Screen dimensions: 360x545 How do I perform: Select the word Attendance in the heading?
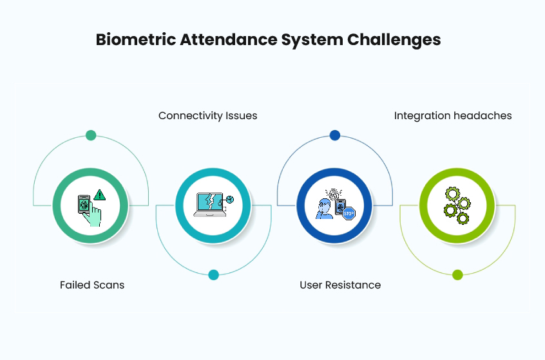click(223, 39)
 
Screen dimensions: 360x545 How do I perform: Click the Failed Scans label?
click(92, 285)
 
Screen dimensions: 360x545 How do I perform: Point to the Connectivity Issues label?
click(207, 116)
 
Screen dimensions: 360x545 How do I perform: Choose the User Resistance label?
click(340, 285)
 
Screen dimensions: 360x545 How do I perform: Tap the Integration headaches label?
click(453, 116)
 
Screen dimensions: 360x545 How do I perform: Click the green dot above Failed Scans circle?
click(91, 135)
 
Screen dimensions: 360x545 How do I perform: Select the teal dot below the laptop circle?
click(213, 275)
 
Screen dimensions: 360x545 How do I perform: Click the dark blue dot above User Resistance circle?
click(334, 135)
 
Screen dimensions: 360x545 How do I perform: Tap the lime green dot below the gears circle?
click(457, 275)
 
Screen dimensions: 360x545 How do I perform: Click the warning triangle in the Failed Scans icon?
click(99, 194)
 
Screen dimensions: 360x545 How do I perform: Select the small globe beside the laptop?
click(229, 199)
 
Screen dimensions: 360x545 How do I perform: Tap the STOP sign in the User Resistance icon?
click(349, 214)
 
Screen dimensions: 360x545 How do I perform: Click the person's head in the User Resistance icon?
click(326, 204)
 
